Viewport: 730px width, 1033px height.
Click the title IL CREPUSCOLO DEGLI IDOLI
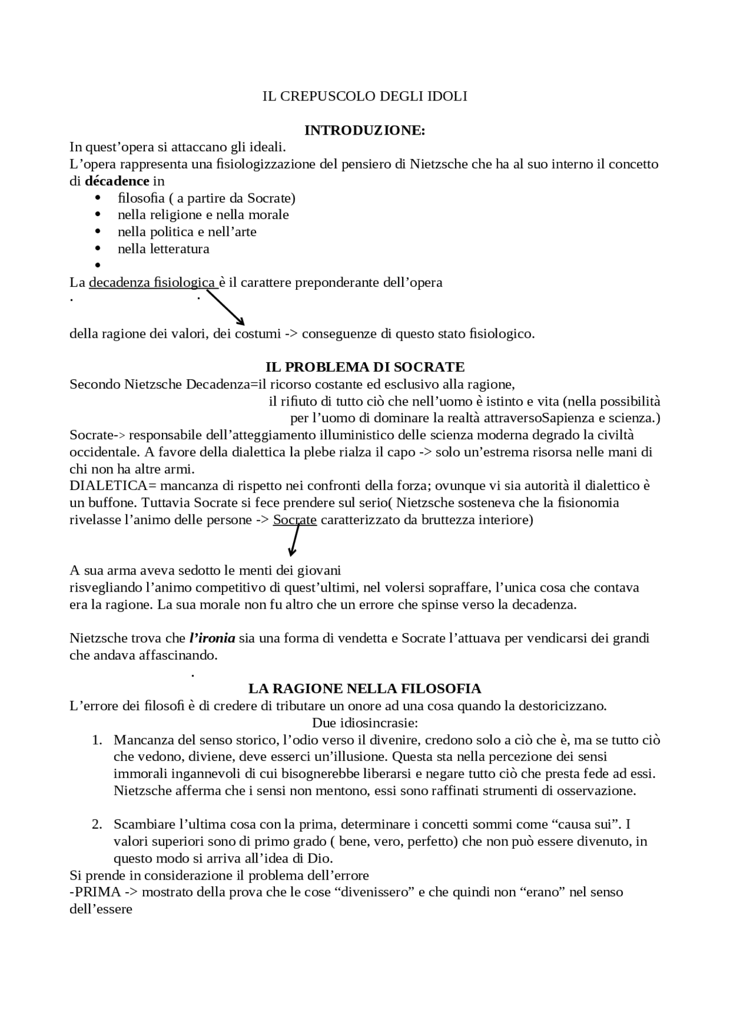click(x=364, y=96)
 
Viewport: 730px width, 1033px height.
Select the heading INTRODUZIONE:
click(x=364, y=131)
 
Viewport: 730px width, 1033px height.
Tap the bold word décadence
click(x=117, y=181)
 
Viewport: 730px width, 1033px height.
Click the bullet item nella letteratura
click(x=164, y=249)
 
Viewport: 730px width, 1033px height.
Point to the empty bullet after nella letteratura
click(x=98, y=265)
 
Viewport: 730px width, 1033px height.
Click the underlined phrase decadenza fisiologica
click(x=152, y=282)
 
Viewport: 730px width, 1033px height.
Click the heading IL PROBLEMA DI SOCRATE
click(x=365, y=367)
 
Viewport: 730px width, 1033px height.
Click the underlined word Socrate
click(x=295, y=520)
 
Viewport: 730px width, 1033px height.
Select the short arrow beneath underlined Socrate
click(x=294, y=540)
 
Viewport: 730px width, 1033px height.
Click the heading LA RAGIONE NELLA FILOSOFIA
click(x=365, y=688)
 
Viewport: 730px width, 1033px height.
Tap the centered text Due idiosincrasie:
click(x=365, y=723)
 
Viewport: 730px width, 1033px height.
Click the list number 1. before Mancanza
click(x=97, y=740)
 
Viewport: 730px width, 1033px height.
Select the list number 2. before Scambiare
click(x=97, y=825)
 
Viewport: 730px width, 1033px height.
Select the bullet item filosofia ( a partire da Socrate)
click(x=206, y=199)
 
